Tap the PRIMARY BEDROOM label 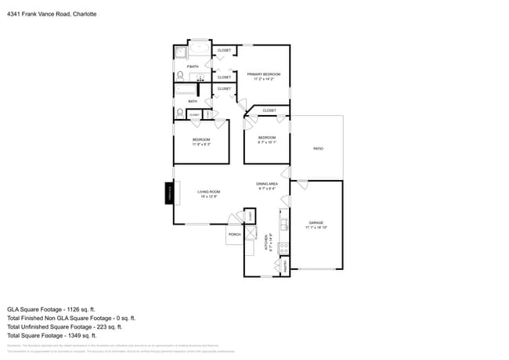click(263, 74)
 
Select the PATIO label click(318, 148)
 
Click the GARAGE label click(316, 223)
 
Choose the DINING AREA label click(267, 184)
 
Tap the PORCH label click(234, 234)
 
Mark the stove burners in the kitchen click(285, 248)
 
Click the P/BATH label click(193, 67)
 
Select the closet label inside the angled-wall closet click(269, 110)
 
